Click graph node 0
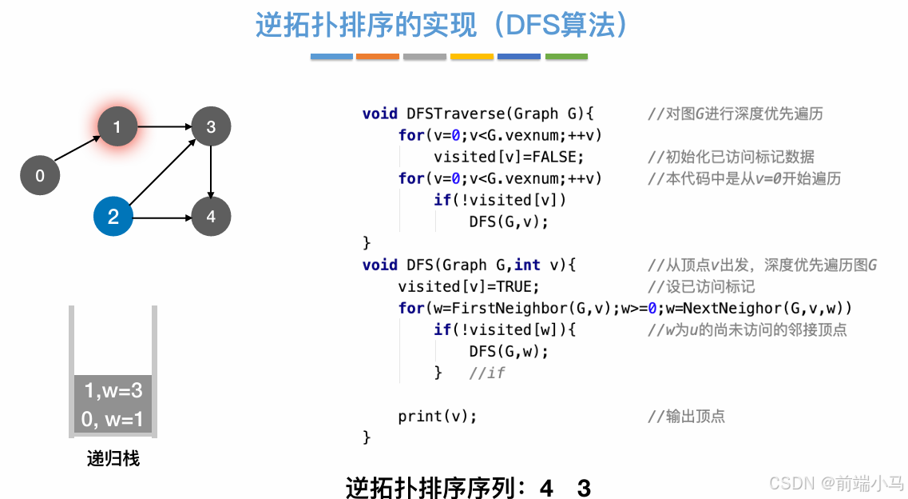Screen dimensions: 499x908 tap(40, 176)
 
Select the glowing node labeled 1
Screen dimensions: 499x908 tap(117, 126)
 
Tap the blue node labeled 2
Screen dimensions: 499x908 tap(113, 217)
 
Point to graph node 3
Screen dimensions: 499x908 tap(211, 126)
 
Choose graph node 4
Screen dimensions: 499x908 tap(211, 217)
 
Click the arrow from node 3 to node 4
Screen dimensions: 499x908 tap(211, 171)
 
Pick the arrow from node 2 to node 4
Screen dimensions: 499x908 tap(162, 217)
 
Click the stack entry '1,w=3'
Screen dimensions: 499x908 tap(113, 391)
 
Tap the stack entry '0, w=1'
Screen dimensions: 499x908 tap(112, 419)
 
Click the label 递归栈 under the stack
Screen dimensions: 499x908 tap(113, 459)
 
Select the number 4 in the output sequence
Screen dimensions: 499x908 tap(546, 488)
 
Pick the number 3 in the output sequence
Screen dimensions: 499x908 tap(584, 488)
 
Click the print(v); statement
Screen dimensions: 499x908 tap(437, 416)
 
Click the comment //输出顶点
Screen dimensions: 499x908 tap(686, 416)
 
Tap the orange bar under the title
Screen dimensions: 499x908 tap(378, 57)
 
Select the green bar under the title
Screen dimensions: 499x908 tap(566, 57)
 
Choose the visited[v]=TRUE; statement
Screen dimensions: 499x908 tap(469, 286)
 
